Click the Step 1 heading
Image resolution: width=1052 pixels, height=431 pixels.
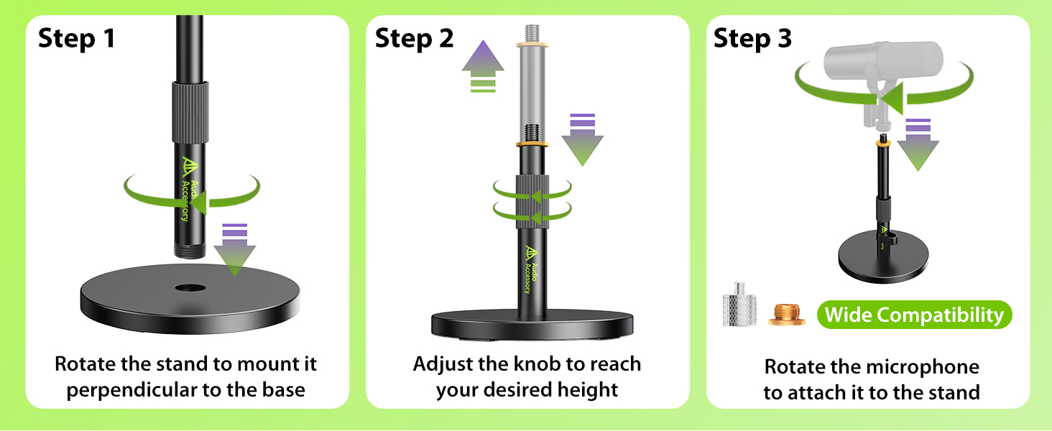point(76,38)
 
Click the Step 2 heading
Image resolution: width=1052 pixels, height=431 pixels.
point(415,38)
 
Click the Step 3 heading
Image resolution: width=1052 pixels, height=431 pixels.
point(752,38)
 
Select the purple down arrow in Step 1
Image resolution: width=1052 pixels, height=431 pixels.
point(235,253)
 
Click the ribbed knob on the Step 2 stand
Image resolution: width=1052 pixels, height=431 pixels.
point(532,199)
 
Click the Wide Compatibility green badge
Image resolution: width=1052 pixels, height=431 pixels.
point(914,315)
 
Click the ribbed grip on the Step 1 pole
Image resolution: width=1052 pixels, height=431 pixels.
point(190,111)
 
